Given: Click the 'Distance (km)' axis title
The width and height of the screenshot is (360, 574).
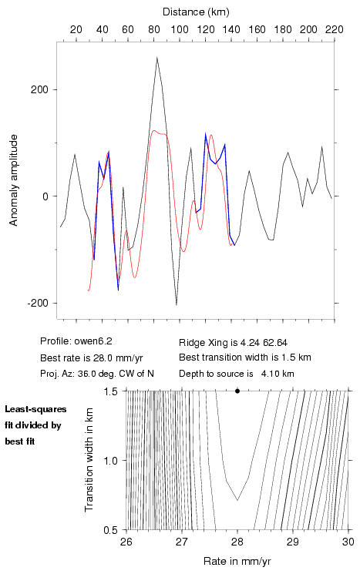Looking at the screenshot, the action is click(196, 12).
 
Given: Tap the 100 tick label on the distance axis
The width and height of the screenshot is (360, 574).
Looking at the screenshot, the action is click(180, 29).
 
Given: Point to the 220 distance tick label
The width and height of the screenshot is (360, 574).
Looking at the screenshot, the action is click(335, 29).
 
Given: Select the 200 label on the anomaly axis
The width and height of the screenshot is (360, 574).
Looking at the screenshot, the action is click(39, 89).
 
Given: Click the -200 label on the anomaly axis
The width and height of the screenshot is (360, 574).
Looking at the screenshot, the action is click(37, 303).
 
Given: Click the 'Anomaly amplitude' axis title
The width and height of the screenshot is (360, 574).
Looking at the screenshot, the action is click(13, 180).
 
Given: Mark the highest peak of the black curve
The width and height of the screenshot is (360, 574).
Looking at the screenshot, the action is click(156, 58).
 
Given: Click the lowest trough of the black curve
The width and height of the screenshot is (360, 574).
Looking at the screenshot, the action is click(177, 304).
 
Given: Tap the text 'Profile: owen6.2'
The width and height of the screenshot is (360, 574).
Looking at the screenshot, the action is click(76, 341).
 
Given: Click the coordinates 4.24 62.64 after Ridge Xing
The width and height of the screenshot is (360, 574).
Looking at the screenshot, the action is click(264, 343).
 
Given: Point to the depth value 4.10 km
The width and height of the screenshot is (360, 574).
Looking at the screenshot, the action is click(278, 374).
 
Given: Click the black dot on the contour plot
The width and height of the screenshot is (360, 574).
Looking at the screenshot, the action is click(237, 391).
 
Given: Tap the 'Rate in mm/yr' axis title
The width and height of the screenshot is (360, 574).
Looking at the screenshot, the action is click(237, 561).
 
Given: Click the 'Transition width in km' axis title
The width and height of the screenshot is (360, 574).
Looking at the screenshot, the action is click(89, 460).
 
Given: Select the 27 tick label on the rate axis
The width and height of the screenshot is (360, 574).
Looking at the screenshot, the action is click(182, 542).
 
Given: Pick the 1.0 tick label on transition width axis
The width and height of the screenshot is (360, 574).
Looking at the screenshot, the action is click(111, 461).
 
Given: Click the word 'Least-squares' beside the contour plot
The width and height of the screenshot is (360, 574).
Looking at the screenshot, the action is click(36, 409).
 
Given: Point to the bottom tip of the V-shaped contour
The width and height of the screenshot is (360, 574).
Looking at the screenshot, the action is click(237, 500).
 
